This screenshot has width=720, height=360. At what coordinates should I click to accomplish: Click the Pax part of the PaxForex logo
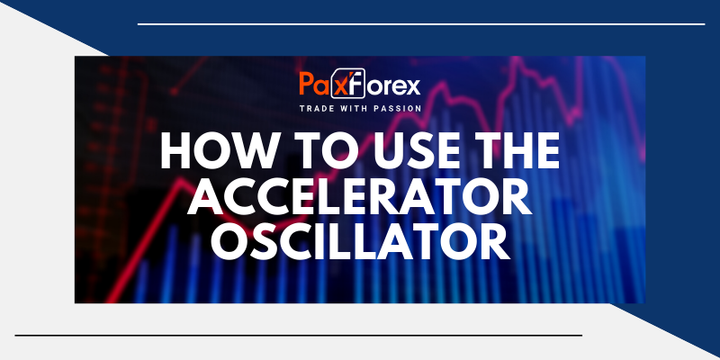tap(320, 87)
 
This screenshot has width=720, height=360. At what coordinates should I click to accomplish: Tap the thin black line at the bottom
tap(297, 335)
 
